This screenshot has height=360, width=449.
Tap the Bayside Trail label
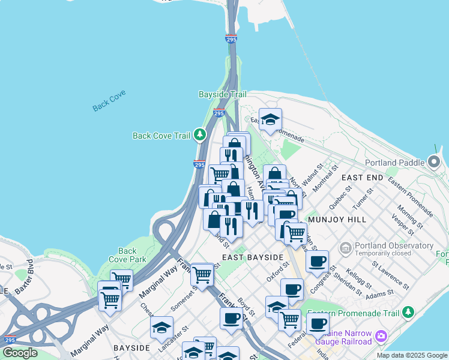tap(223, 95)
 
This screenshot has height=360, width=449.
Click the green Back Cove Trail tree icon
tap(200, 135)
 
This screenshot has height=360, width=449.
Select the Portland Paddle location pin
tap(434, 161)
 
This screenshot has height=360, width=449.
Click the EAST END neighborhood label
tap(362, 178)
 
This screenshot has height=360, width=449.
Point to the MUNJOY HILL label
tap(337, 220)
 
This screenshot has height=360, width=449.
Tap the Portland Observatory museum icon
tap(345, 247)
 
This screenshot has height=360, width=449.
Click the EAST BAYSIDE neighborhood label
tap(252, 257)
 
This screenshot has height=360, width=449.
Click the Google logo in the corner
tap(20, 353)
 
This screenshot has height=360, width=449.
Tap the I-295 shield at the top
tap(231, 40)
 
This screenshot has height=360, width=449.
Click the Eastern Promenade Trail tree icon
tap(408, 313)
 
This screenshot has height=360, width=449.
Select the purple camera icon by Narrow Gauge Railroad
tap(381, 336)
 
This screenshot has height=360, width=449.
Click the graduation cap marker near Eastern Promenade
tap(270, 119)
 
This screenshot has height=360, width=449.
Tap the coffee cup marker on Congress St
tap(317, 260)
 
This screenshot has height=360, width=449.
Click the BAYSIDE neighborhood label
tap(131, 348)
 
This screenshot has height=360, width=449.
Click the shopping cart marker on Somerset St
tap(202, 275)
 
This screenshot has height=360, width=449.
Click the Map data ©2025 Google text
tap(411, 355)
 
